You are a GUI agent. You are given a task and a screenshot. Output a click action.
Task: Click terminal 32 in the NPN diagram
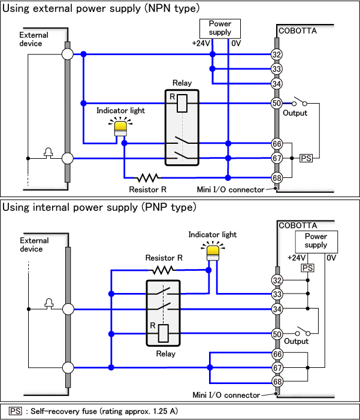point(277,55)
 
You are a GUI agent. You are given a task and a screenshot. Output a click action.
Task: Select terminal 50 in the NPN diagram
point(277,103)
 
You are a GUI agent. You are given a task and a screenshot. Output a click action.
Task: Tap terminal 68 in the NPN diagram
point(277,178)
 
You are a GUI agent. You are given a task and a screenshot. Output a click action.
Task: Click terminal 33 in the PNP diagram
point(277,294)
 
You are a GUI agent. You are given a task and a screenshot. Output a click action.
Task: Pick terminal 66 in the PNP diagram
point(277,354)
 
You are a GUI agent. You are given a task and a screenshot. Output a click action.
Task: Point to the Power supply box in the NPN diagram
point(220,28)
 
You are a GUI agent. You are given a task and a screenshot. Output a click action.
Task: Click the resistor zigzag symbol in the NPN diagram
point(147,177)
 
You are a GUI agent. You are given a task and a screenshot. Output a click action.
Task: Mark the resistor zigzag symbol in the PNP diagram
point(164,270)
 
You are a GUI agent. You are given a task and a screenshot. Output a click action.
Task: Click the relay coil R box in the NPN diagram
point(183,103)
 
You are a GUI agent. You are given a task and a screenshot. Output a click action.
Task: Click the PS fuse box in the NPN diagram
point(306,158)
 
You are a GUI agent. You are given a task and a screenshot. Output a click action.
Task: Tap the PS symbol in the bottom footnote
point(15,411)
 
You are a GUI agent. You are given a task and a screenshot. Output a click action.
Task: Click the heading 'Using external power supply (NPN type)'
point(101,8)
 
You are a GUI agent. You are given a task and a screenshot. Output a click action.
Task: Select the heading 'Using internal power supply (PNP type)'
point(99,207)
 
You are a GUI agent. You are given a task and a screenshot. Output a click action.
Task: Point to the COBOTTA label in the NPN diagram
point(298,30)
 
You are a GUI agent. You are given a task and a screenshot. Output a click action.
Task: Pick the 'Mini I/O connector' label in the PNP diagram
point(226,395)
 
